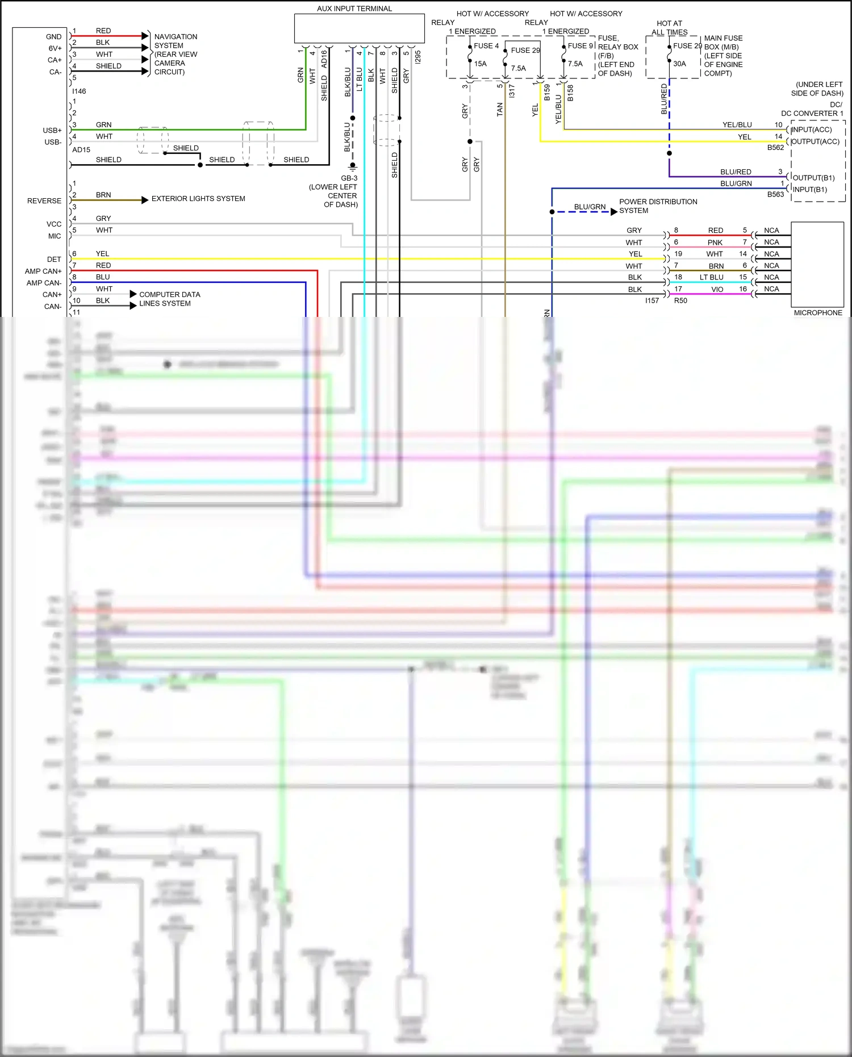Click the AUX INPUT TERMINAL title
354,9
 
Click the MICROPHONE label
818,313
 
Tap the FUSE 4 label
486,46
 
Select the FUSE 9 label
580,46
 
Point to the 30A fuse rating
679,64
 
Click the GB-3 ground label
349,178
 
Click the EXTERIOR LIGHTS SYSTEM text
198,199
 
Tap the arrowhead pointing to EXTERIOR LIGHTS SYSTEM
145,200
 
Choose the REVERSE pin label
44,201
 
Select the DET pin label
54,260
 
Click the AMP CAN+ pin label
43,271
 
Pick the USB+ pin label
52,131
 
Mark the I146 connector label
79,91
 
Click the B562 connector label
775,148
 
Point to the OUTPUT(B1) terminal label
813,178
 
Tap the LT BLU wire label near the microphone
712,278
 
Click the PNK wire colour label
715,243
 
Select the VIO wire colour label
717,290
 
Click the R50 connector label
680,301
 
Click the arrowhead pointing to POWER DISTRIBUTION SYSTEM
613,212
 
